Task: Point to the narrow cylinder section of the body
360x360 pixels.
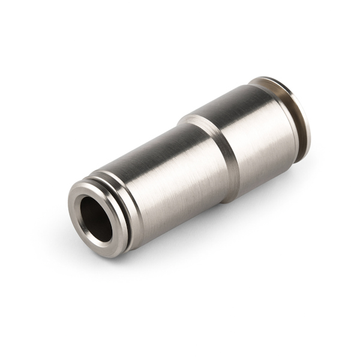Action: [x=168, y=174]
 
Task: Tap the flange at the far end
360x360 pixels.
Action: [x=300, y=120]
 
